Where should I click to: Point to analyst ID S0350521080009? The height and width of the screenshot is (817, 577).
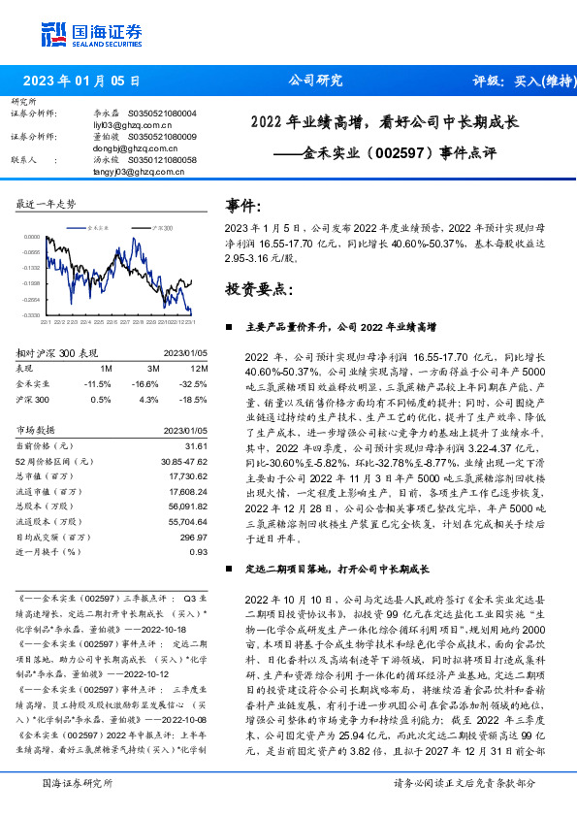pyautogui.click(x=162, y=137)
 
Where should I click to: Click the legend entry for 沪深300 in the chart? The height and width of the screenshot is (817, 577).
pyautogui.click(x=160, y=226)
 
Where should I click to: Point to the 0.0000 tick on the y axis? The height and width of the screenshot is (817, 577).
pyautogui.click(x=32, y=236)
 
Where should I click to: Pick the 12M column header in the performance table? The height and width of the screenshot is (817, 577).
pyautogui.click(x=201, y=370)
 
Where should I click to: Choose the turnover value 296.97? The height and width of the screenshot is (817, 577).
pyautogui.click(x=193, y=536)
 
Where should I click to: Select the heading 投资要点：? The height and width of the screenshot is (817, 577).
pyautogui.click(x=258, y=289)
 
